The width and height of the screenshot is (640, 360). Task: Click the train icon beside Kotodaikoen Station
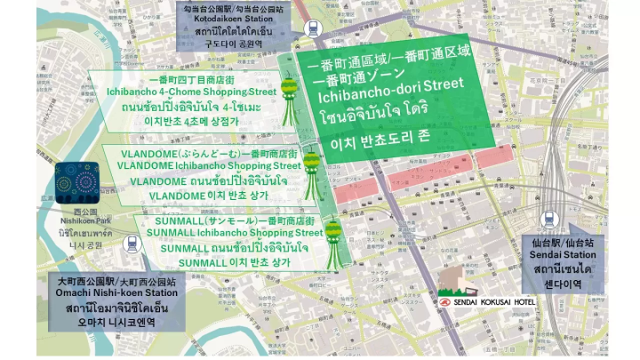click(313, 28)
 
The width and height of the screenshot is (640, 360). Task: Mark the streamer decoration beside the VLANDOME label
click(311, 172)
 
